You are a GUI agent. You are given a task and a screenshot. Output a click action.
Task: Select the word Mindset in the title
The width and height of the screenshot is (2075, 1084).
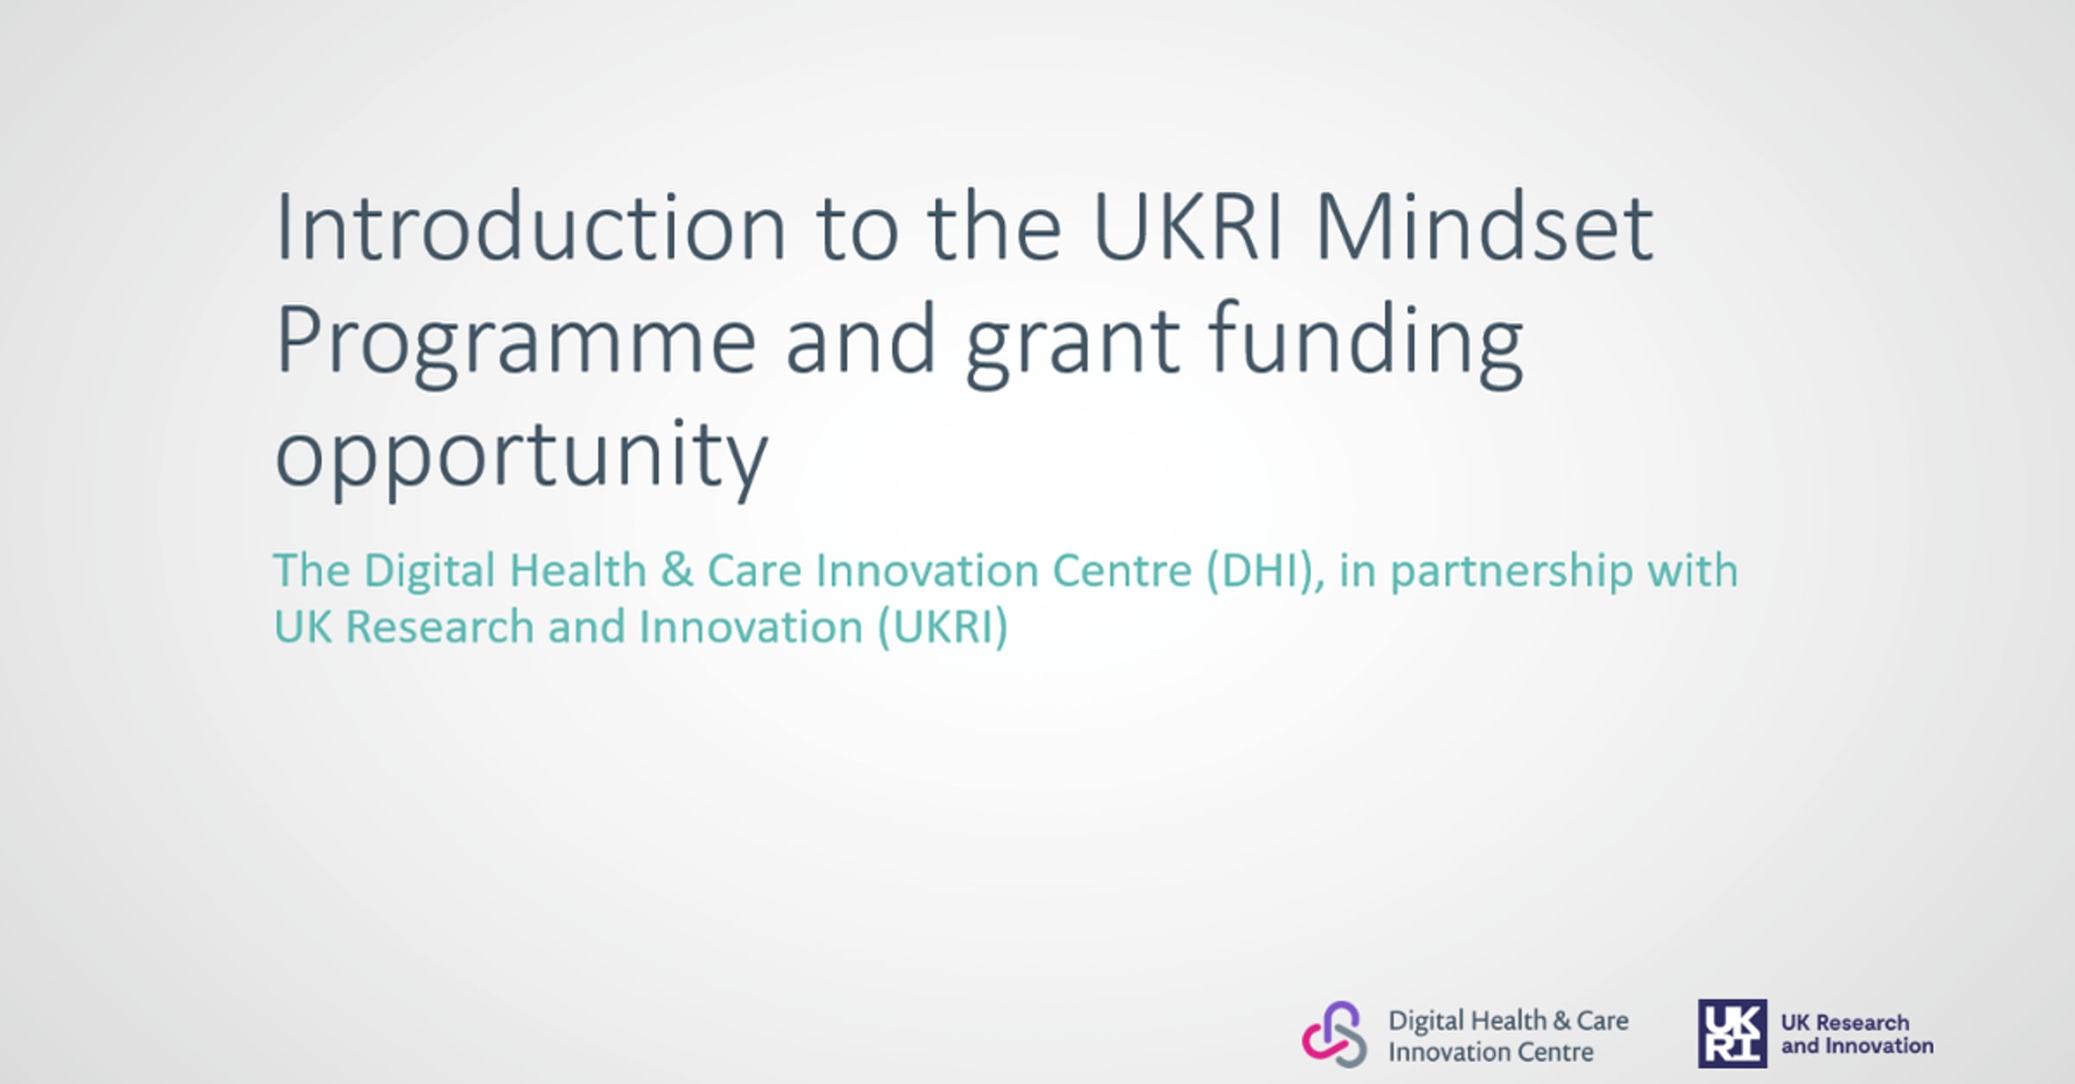point(1484,226)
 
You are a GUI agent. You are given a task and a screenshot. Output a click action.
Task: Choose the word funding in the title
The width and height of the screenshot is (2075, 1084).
point(1365,342)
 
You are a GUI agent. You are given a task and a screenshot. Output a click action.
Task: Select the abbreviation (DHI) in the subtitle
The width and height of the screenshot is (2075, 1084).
point(1265,571)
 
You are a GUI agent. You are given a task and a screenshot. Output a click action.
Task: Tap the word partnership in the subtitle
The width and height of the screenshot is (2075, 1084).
point(1511,572)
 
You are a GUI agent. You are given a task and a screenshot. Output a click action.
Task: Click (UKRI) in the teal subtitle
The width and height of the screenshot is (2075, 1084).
point(943,628)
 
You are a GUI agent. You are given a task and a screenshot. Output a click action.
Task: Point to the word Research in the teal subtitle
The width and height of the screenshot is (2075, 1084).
point(440,627)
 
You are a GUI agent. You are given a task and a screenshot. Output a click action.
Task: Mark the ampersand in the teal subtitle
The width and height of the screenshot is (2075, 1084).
point(677,571)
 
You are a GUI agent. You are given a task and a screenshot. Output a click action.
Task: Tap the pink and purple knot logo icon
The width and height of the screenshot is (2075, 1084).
point(1335,1035)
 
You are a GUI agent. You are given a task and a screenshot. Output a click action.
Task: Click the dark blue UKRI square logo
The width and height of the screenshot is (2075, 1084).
point(1733,1034)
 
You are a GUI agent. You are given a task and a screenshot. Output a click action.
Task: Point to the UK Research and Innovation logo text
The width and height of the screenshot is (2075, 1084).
point(1857,1034)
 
